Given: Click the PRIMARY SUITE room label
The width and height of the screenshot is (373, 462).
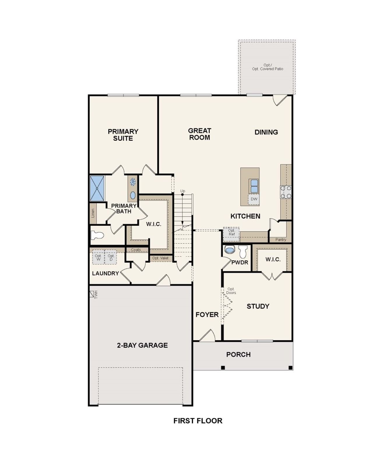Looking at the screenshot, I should [x=123, y=135].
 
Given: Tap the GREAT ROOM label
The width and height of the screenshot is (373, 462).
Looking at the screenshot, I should [x=200, y=134].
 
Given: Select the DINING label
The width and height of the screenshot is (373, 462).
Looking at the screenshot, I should [x=266, y=132].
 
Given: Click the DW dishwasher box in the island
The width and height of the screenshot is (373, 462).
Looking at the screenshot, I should [x=254, y=199].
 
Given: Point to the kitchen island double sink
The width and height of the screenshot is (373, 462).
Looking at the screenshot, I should [x=254, y=186].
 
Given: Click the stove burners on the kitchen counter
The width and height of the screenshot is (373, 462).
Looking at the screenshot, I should [x=286, y=192].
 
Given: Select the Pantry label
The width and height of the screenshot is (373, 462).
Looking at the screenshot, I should [x=281, y=239].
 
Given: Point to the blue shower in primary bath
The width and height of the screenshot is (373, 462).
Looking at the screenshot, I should [x=97, y=188].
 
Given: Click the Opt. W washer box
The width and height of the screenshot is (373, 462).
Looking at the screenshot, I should [x=98, y=258].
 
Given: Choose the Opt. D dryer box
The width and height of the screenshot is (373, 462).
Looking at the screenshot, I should [x=111, y=258].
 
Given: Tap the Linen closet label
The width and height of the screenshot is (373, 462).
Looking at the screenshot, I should [x=93, y=213].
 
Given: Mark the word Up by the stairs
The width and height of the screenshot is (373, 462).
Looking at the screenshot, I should [x=183, y=191].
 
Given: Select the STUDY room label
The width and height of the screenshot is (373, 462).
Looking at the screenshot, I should [x=258, y=306].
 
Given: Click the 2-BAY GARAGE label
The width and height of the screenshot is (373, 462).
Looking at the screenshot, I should [x=142, y=345].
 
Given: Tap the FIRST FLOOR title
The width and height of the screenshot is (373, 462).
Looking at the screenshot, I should [x=198, y=421].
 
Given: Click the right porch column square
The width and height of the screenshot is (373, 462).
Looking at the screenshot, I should [x=290, y=368].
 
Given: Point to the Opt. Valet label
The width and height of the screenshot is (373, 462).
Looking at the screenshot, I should [x=160, y=258].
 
